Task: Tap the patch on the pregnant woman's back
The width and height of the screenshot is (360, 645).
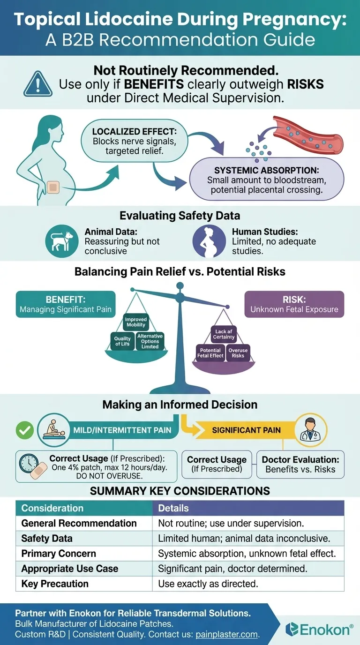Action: pyautogui.click(x=53, y=187)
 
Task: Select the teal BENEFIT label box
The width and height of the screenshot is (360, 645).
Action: pyautogui.click(x=66, y=305)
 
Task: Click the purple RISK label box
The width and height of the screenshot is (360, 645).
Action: pyautogui.click(x=294, y=305)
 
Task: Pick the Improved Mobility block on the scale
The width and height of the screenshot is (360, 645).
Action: pyautogui.click(x=136, y=322)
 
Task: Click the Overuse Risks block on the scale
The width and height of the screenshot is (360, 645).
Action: pyautogui.click(x=238, y=352)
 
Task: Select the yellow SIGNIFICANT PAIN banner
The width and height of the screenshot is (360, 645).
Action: pyautogui.click(x=246, y=430)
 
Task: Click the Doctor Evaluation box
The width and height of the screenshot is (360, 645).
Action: pyautogui.click(x=300, y=464)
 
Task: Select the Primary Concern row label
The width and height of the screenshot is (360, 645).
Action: pyautogui.click(x=59, y=554)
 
